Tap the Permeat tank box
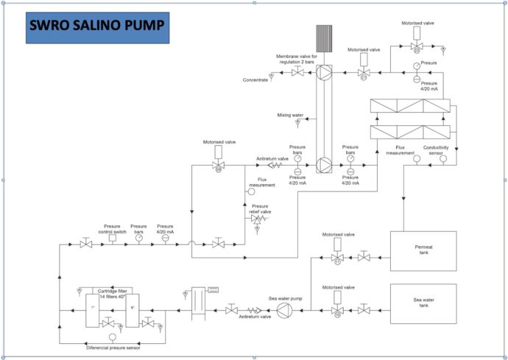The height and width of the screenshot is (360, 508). pyautogui.click(x=423, y=251)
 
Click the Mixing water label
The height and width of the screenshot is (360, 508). pyautogui.click(x=290, y=116)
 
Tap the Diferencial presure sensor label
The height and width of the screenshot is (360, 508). pyautogui.click(x=113, y=346)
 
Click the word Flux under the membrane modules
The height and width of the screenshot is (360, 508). pyautogui.click(x=401, y=147)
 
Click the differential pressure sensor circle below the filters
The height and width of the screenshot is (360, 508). pyautogui.click(x=113, y=336)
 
